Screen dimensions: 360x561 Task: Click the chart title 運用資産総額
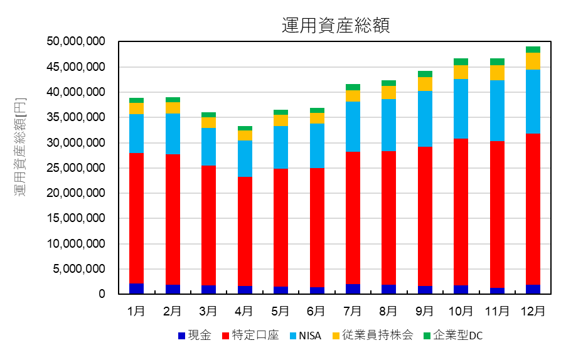tap(336, 25)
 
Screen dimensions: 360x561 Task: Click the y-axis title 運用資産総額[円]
tap(21, 147)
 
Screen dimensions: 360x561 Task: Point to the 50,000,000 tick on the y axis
tap(75, 41)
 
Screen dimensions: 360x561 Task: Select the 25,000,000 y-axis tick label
tap(75, 168)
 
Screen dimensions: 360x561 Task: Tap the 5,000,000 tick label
tap(79, 269)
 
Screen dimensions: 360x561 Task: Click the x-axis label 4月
tap(244, 311)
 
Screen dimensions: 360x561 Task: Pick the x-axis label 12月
tap(533, 311)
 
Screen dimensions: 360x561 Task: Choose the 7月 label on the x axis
tap(353, 311)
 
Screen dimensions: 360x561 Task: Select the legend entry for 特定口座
tap(248, 336)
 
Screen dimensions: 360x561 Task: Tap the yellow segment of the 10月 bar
tap(461, 72)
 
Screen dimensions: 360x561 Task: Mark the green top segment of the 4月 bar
tap(244, 128)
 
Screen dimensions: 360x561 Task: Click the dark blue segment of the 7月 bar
tap(353, 289)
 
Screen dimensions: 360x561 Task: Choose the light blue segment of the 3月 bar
tap(208, 147)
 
